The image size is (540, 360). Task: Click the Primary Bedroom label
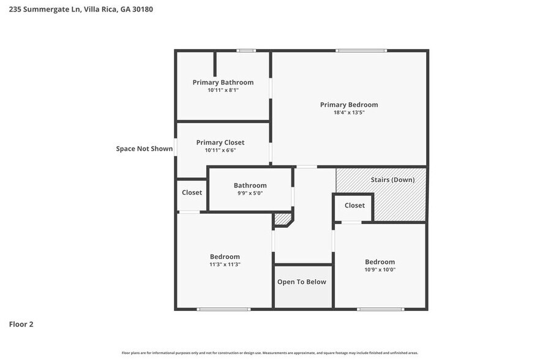(x=349, y=105)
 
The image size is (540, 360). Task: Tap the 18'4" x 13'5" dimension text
(x=349, y=113)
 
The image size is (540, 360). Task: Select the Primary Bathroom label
(x=223, y=82)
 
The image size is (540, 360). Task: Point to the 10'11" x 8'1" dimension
(x=223, y=90)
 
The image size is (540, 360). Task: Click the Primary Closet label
(x=220, y=142)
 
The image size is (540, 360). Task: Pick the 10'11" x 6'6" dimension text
(x=220, y=150)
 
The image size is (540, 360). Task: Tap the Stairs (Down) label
(x=392, y=179)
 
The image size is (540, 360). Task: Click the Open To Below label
(x=302, y=282)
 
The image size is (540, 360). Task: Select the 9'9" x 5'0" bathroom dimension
(x=250, y=193)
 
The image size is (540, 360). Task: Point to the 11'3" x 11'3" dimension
(x=225, y=264)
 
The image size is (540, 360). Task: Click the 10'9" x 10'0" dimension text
(x=380, y=269)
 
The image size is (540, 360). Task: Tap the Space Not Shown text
(x=144, y=148)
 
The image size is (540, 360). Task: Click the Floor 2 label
(x=21, y=324)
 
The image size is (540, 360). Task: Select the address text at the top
(x=77, y=9)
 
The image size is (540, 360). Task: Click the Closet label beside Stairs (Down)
(x=354, y=205)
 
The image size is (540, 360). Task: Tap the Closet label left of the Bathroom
(x=192, y=192)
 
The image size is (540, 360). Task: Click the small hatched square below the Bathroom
(x=282, y=219)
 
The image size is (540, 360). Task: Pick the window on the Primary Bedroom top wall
(x=361, y=50)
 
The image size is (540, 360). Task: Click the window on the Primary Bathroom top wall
(x=246, y=50)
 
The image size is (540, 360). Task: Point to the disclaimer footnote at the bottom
(x=270, y=353)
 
